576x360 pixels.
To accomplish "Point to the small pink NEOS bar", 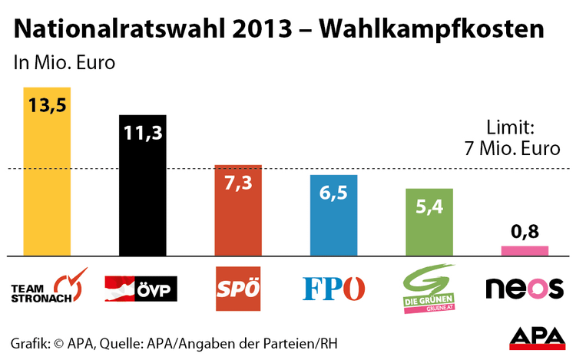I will [525, 250].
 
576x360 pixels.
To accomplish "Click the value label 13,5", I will [47, 105].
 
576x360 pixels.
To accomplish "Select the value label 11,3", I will [142, 133].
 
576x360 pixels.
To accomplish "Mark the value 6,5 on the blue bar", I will [333, 193].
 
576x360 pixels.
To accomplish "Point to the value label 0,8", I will [525, 231].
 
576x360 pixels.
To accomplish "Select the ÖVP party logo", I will [142, 288].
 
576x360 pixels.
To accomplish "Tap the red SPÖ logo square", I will [238, 289].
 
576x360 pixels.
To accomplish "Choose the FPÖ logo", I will [333, 289].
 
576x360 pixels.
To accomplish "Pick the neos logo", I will [525, 288].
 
